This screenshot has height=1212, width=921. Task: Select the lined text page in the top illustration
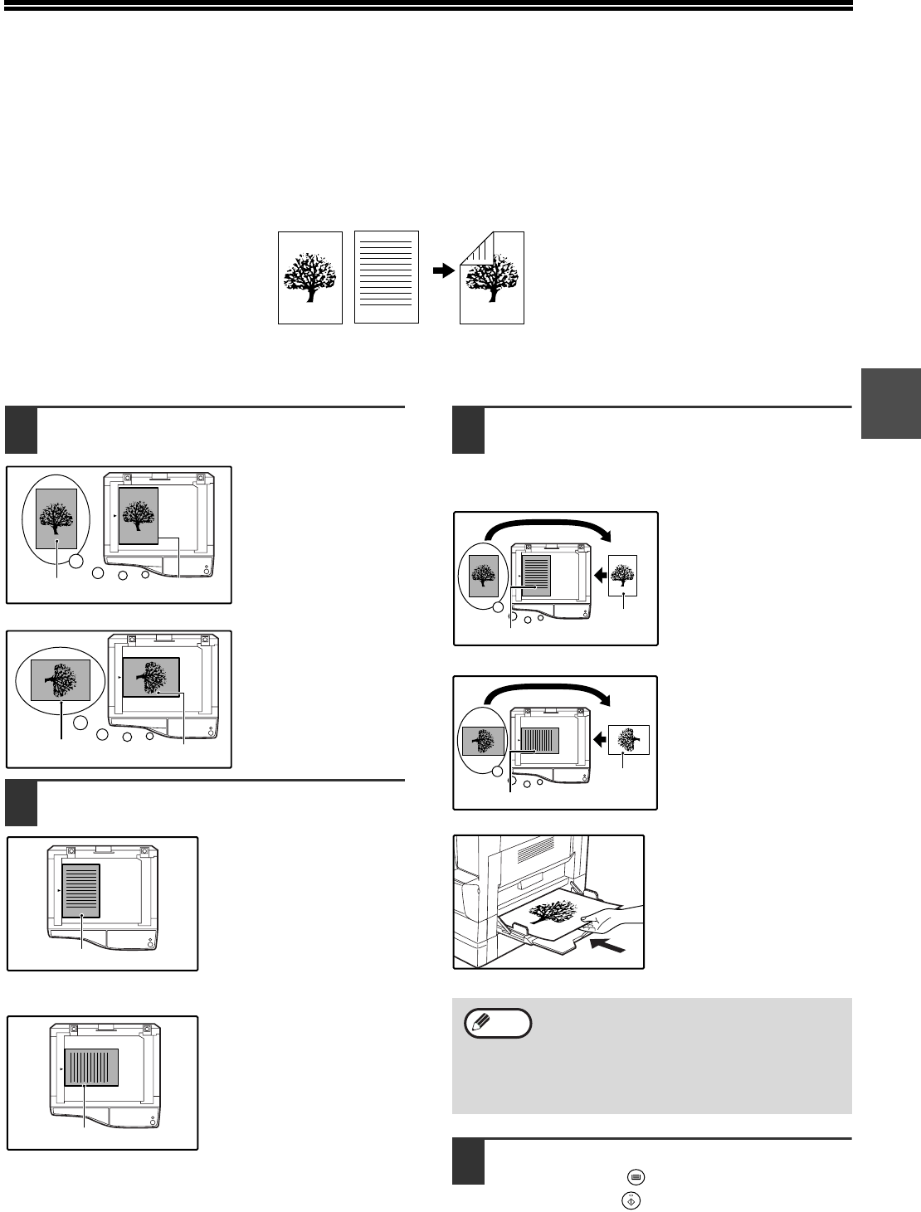coord(387,276)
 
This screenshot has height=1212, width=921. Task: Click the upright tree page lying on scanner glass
coord(139,516)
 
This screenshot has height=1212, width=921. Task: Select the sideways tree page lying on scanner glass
coord(150,677)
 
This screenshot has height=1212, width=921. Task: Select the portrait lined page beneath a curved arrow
coord(536,574)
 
